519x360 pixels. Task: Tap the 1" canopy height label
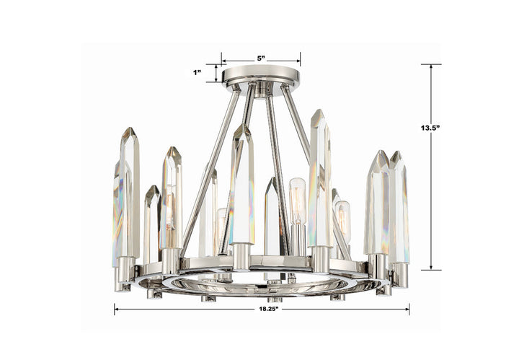pos(197,72)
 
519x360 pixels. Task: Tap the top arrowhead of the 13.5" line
pos(431,67)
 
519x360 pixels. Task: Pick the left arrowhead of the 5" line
pos(223,61)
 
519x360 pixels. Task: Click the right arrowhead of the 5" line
pos(298,61)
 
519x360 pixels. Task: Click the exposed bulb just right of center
pos(297,198)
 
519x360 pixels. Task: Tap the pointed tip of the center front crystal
pos(241,126)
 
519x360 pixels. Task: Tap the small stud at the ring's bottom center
pos(270,298)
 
